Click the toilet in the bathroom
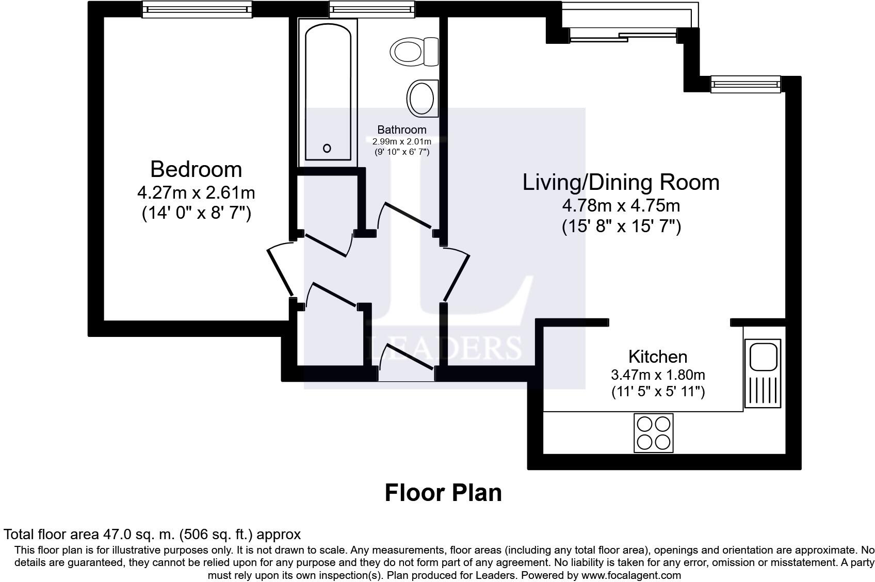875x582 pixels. pyautogui.click(x=414, y=52)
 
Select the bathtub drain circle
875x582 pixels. pyautogui.click(x=327, y=148)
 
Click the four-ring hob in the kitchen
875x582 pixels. pyautogui.click(x=654, y=433)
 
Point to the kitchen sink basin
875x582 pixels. pyautogui.click(x=763, y=357)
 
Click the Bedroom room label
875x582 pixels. pyautogui.click(x=196, y=170)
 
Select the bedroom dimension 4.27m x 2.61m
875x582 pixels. pyautogui.click(x=196, y=192)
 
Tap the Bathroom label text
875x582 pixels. pyautogui.click(x=401, y=130)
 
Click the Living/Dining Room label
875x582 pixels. pyautogui.click(x=621, y=183)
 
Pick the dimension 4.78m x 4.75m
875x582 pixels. pyautogui.click(x=621, y=205)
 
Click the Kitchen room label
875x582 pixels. pyautogui.click(x=658, y=357)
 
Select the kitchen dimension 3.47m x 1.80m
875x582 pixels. pyautogui.click(x=658, y=375)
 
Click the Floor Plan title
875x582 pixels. pyautogui.click(x=443, y=493)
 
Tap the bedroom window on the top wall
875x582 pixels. pyautogui.click(x=197, y=9)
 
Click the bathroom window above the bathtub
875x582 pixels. pyautogui.click(x=371, y=9)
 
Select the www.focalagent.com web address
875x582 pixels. pyautogui.click(x=631, y=575)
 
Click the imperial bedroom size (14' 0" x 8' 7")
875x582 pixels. pyautogui.click(x=196, y=213)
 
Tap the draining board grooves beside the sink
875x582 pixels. pyautogui.click(x=763, y=390)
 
